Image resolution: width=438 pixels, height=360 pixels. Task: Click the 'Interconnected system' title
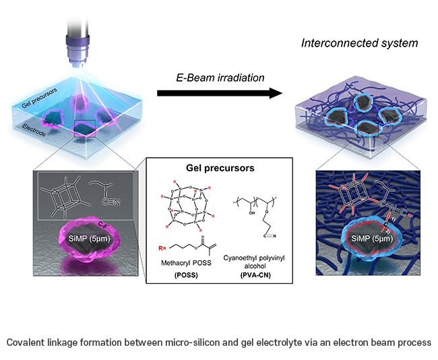pyautogui.click(x=361, y=43)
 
